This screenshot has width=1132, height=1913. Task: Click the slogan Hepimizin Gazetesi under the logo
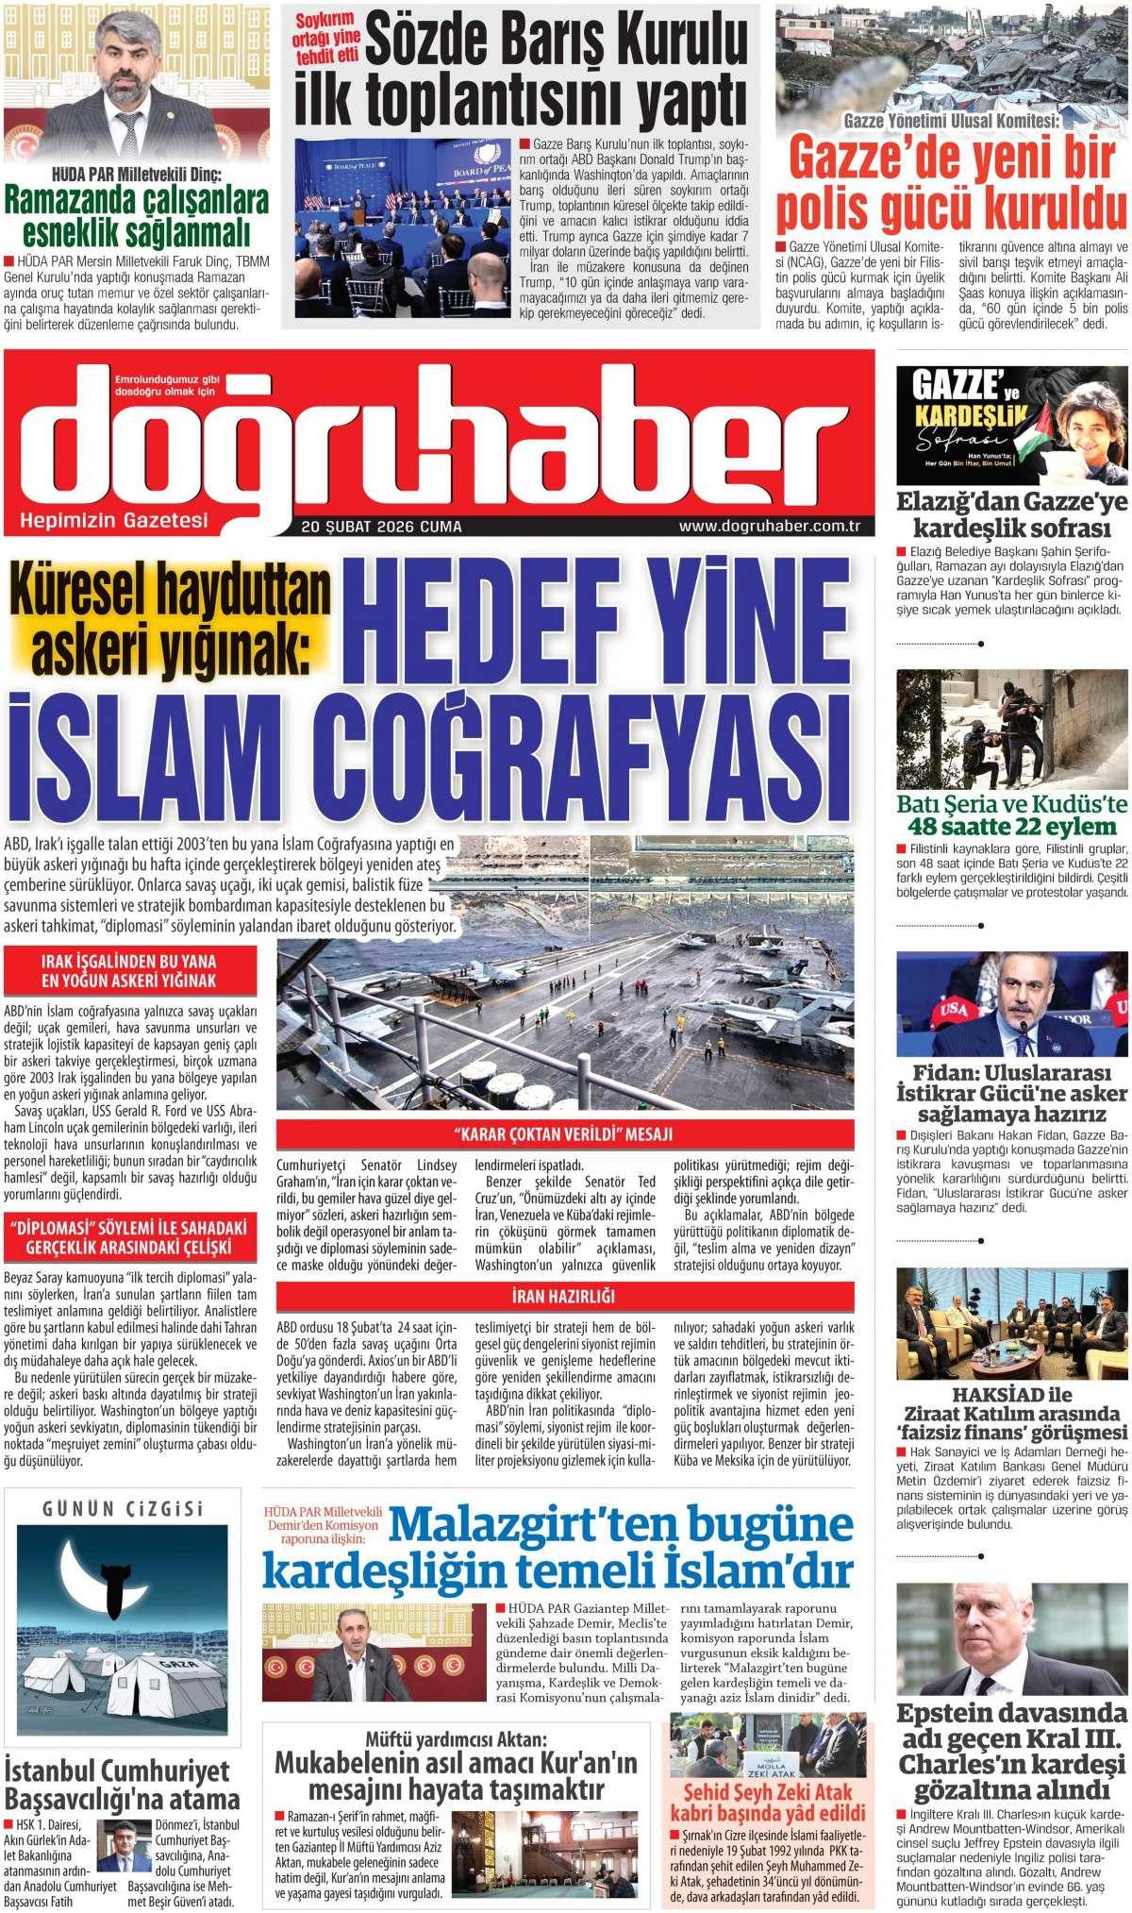112,521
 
